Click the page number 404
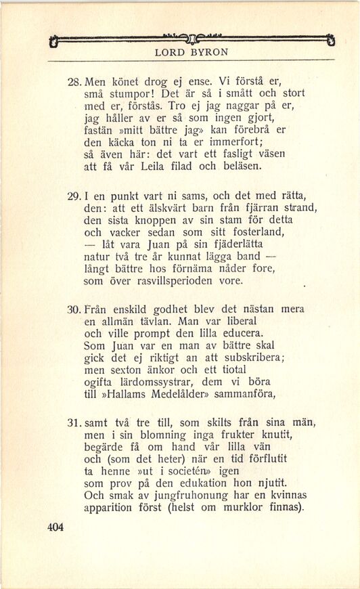55,528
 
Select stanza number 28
74,81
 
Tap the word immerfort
223,141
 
